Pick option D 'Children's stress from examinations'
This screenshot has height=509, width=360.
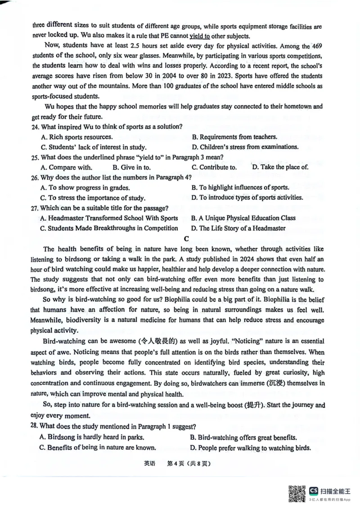(245, 147)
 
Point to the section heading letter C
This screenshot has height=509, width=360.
(186, 238)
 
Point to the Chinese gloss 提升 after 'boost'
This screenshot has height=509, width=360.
(255, 405)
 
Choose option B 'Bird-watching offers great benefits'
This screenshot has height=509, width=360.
(243, 437)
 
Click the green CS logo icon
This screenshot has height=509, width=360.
(313, 491)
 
